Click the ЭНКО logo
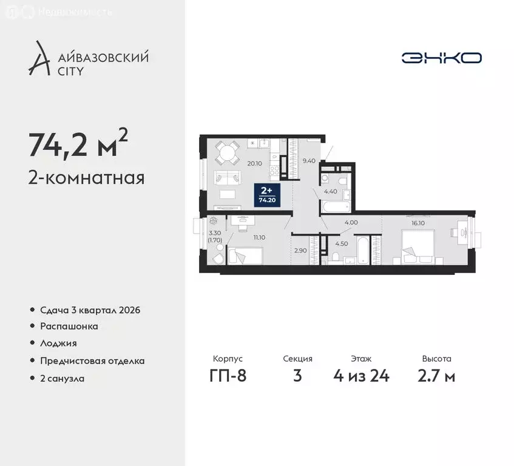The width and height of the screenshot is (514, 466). (441, 58)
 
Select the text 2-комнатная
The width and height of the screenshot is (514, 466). (86, 178)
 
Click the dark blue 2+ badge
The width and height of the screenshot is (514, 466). (266, 195)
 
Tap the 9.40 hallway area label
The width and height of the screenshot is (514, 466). (309, 161)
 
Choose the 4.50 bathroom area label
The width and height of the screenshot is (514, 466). (342, 245)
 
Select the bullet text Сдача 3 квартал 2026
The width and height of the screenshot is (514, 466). (90, 310)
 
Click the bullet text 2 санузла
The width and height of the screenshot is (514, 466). (63, 378)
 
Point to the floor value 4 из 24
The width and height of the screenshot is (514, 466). (361, 376)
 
